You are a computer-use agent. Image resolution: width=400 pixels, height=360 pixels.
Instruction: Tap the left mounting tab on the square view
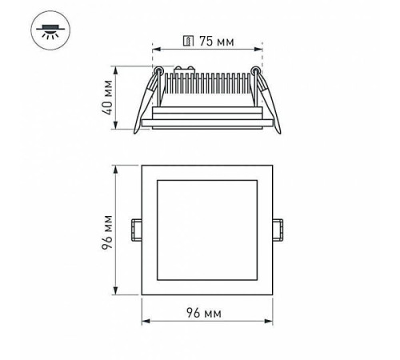pyautogui.click(x=136, y=230)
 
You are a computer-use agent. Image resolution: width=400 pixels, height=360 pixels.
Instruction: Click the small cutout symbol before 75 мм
pyautogui.click(x=189, y=39)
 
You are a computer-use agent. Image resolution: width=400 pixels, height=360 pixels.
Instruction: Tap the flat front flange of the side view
pyautogui.click(x=207, y=123)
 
